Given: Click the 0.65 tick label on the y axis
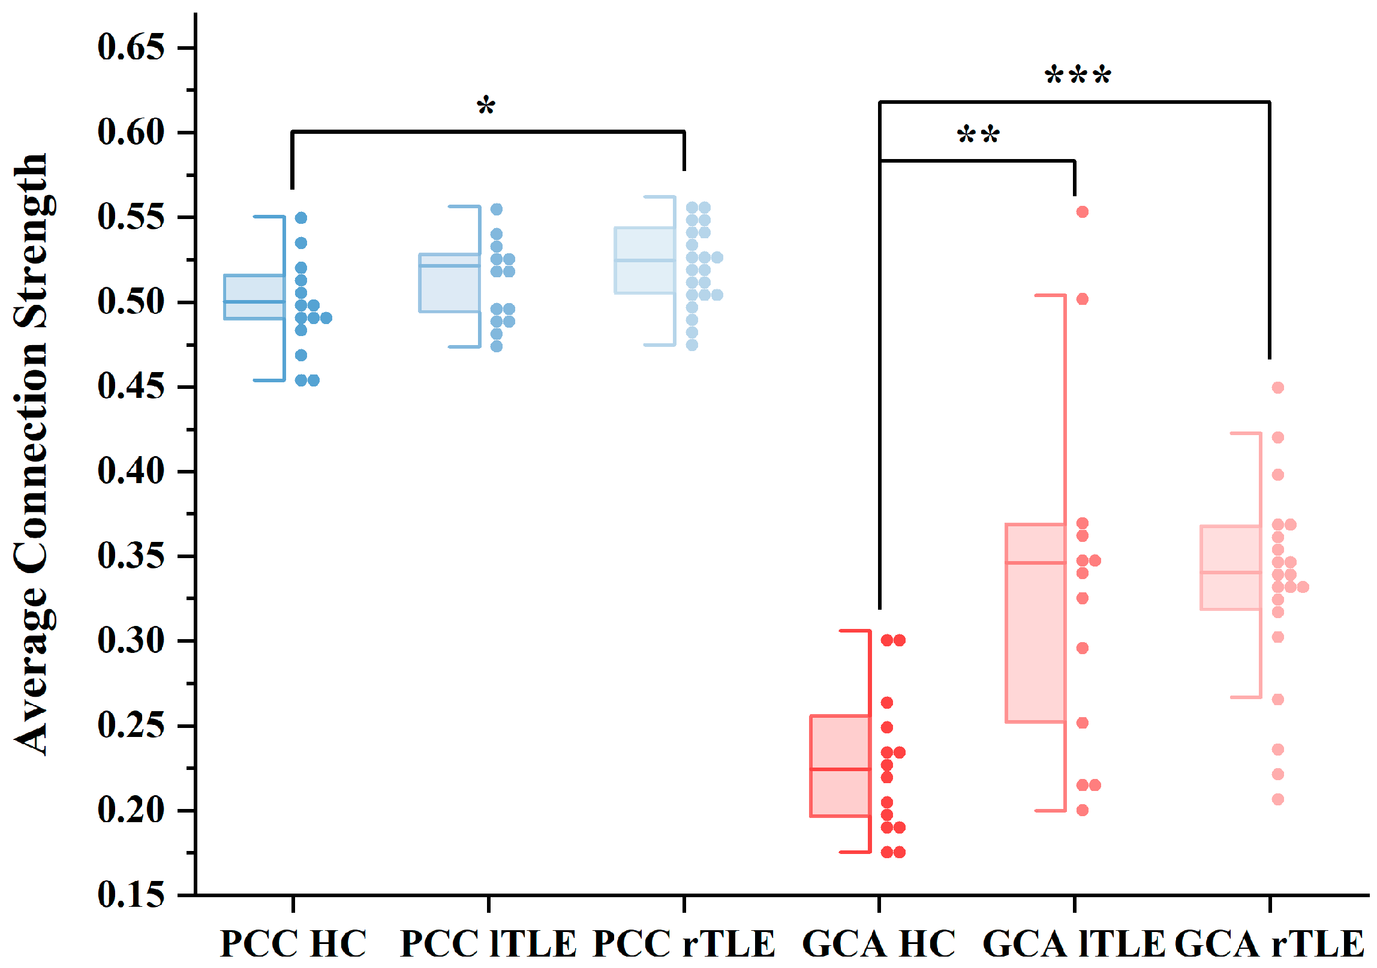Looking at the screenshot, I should coord(131,47).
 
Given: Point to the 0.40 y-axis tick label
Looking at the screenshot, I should coord(131,471).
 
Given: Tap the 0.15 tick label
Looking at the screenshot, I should coord(131,895).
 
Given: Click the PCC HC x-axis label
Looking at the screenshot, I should coord(293,944).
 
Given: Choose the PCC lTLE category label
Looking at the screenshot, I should coord(488,944).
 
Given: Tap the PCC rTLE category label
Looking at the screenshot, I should coord(684,944).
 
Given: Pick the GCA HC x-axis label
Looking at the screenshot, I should coord(879,944).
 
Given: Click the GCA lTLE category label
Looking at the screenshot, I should coord(1074,944).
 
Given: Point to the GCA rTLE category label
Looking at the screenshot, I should coord(1269,944).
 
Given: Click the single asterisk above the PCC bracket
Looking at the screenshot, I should coord(486,107).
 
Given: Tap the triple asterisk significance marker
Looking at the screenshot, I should coord(1078,76).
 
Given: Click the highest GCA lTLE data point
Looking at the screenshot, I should coord(1083,212).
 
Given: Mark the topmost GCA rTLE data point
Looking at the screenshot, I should coord(1278,388).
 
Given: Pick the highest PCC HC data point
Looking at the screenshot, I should coord(301,218).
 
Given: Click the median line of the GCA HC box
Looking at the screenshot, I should coord(840,769).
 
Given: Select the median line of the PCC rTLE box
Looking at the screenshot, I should coord(645,260).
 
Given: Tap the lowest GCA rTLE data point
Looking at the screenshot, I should coord(1278,799).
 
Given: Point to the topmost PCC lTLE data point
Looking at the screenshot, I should coord(497,209).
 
